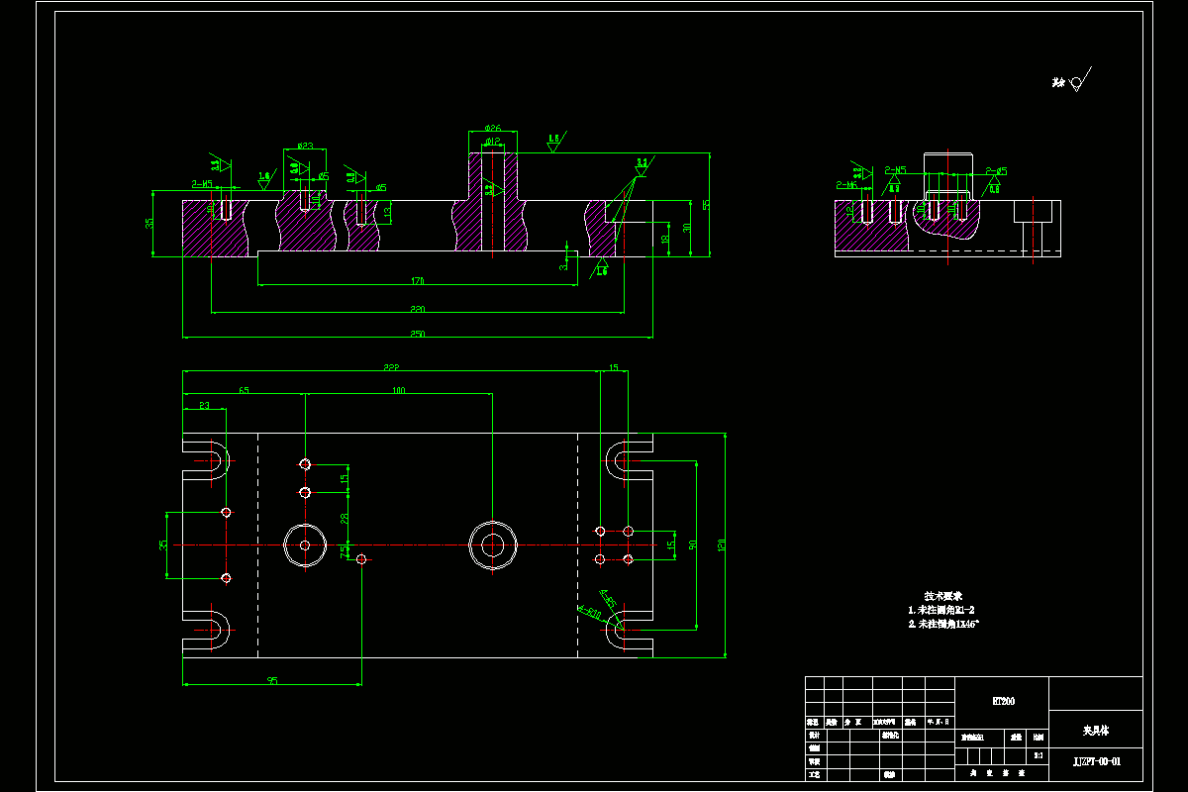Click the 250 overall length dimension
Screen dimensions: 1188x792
417,335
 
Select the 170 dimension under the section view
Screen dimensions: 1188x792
418,282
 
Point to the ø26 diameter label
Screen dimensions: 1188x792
492,129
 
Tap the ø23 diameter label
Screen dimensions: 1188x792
304,146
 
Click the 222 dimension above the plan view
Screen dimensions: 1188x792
392,367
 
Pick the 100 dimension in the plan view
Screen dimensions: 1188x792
398,391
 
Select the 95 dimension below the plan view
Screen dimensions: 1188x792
271,680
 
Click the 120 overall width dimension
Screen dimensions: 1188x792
735,544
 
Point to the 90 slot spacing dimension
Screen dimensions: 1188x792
706,544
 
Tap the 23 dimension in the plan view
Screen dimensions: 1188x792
205,406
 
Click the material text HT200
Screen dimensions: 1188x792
1003,701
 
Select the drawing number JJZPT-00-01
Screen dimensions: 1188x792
1097,761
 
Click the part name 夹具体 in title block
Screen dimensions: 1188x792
1095,731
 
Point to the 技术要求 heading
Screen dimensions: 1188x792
943,596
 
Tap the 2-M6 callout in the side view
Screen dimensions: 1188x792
846,185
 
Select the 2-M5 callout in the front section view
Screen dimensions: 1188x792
202,184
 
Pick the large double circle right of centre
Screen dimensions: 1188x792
493,544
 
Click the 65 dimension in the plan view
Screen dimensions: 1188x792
244,391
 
